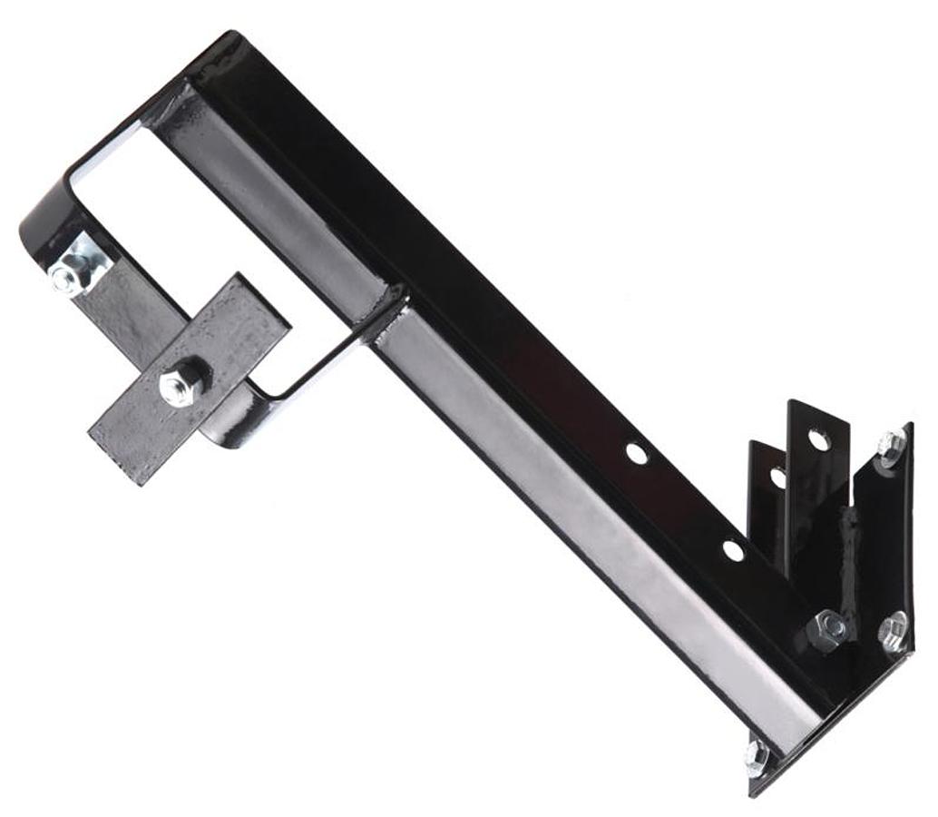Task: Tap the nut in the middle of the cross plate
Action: (182, 382)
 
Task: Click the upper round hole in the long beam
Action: (637, 454)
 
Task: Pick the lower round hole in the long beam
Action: (733, 550)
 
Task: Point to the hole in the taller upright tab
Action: (818, 440)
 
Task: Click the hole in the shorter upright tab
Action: (777, 476)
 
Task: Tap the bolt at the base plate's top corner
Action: (891, 446)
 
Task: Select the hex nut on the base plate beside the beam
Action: (829, 628)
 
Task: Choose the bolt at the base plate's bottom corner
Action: (756, 756)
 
